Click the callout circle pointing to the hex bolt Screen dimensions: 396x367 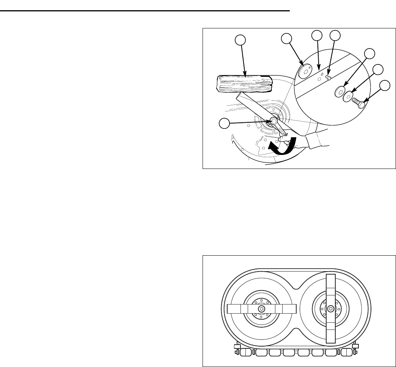pyautogui.click(x=385, y=86)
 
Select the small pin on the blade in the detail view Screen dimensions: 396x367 pyautogui.click(x=329, y=78)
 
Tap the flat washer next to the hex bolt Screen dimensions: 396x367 pyautogui.click(x=348, y=96)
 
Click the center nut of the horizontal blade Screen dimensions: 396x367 pyautogui.click(x=261, y=309)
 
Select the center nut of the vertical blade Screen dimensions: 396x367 pyautogui.click(x=331, y=309)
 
